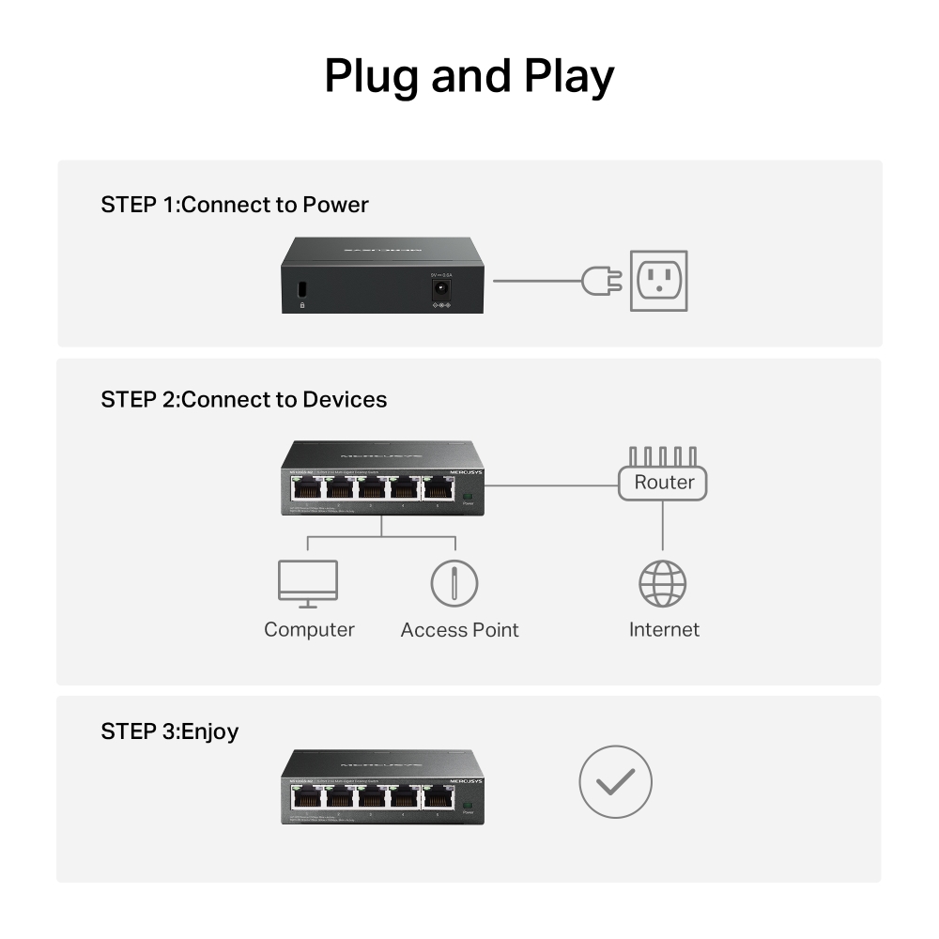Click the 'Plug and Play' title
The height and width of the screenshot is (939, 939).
click(469, 77)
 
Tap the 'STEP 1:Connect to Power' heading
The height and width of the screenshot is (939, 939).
click(235, 205)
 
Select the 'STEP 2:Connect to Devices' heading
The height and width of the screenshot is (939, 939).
click(243, 400)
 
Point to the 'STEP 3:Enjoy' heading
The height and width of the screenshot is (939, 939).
click(169, 731)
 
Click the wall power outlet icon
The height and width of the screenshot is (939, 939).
click(658, 281)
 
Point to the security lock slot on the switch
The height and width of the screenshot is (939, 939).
click(302, 289)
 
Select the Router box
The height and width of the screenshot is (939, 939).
click(663, 483)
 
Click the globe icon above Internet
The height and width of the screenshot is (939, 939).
click(663, 584)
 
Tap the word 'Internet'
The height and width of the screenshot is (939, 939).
click(664, 630)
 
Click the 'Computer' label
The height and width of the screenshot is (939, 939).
click(309, 630)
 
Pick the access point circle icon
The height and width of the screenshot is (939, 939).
click(454, 583)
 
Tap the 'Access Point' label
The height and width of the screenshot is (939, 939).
click(459, 630)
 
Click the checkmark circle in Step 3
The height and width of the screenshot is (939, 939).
click(615, 781)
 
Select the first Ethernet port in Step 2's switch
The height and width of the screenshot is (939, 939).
click(307, 488)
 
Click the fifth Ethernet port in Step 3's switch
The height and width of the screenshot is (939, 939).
click(437, 796)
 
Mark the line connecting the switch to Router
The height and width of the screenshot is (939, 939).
click(550, 485)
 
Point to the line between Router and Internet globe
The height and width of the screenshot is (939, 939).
click(663, 526)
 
